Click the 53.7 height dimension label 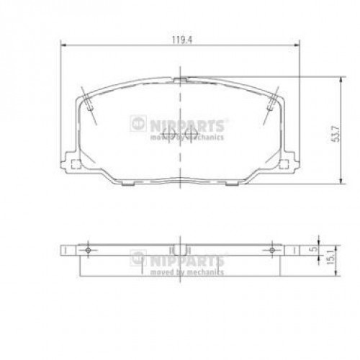tap(335, 132)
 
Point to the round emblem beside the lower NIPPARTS tap(139, 257)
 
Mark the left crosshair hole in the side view tap(88, 249)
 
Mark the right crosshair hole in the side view tap(272, 249)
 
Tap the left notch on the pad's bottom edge tap(127, 184)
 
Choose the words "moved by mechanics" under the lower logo tap(186, 272)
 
